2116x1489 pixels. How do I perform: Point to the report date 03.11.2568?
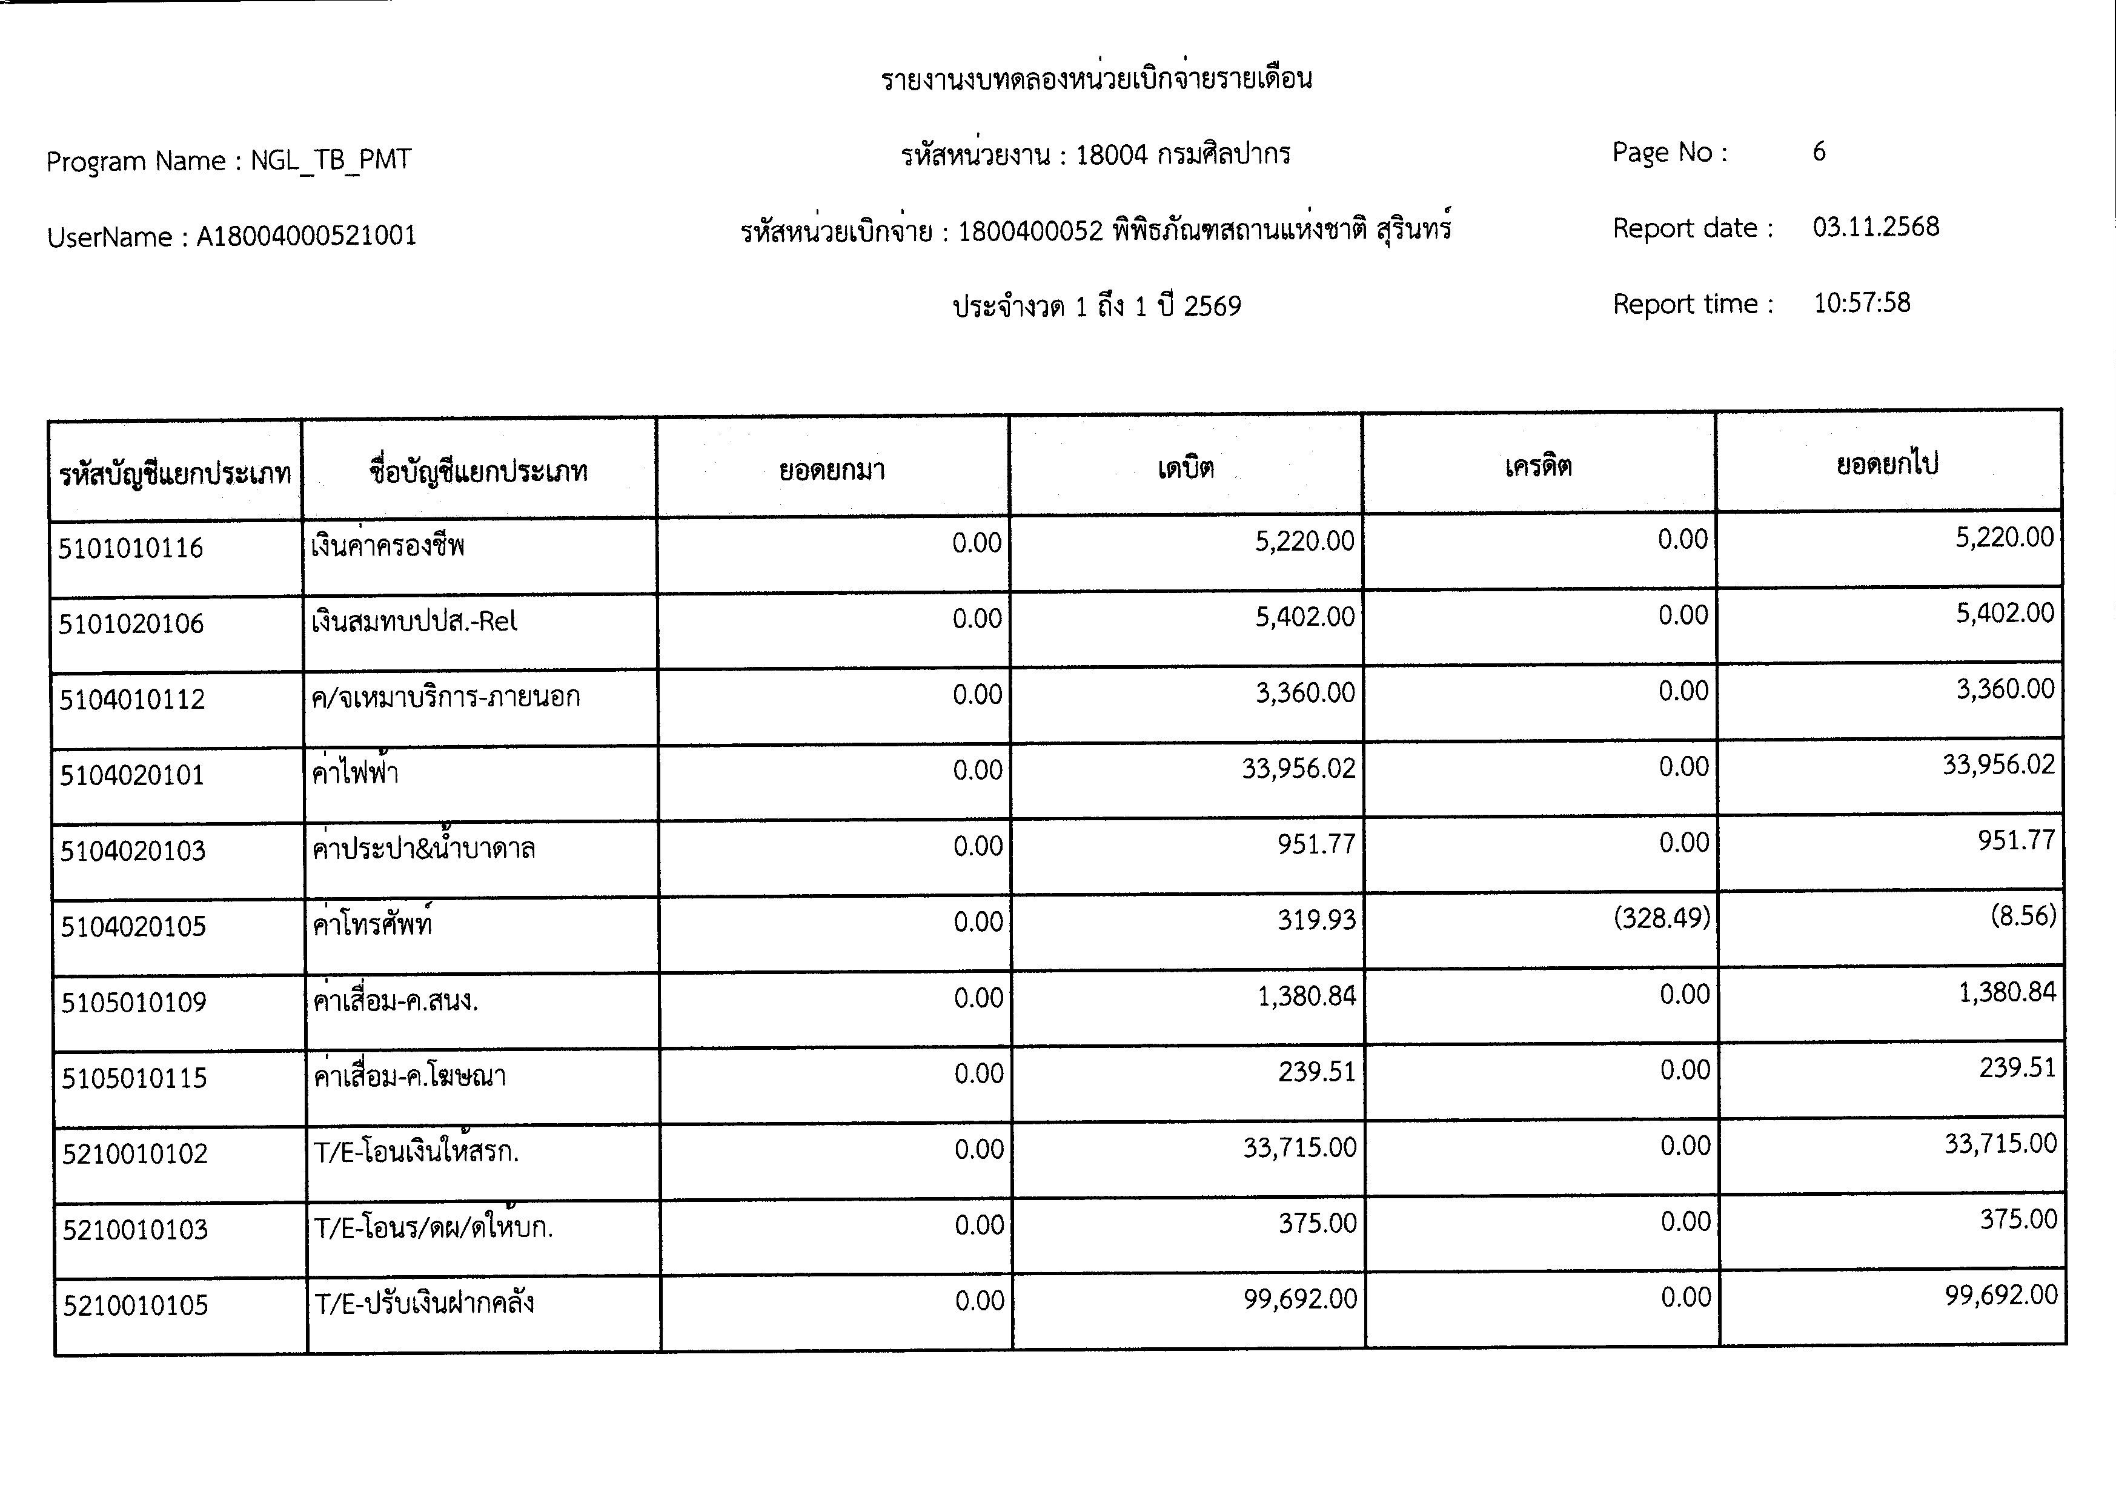tap(1876, 228)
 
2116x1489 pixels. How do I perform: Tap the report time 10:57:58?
tap(1862, 303)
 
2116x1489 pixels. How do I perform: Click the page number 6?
tap(1819, 152)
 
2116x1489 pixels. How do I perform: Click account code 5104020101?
tap(132, 775)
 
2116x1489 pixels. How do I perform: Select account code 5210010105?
tap(136, 1305)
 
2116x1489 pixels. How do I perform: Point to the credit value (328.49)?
tap(1660, 918)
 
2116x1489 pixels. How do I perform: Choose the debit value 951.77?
tap(1315, 844)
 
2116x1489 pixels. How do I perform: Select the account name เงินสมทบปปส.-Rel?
tap(414, 621)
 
